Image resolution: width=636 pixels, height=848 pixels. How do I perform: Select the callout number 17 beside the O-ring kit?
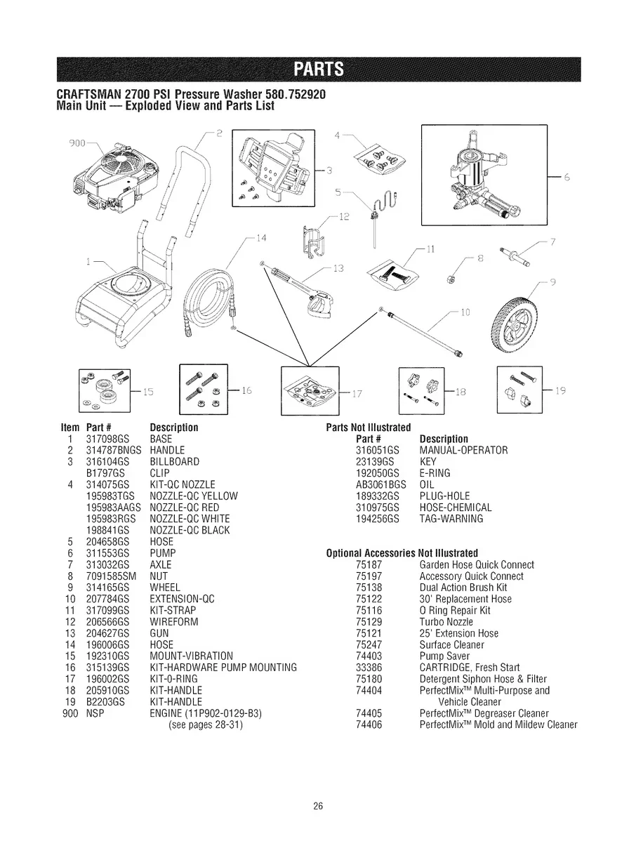[357, 392]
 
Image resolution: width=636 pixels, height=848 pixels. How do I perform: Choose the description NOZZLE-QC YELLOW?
[194, 496]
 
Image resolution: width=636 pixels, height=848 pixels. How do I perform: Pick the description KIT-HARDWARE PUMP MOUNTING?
[223, 666]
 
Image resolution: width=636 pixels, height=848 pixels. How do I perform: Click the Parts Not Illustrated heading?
[369, 428]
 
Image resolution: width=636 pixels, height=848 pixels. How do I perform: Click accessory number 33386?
[369, 668]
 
